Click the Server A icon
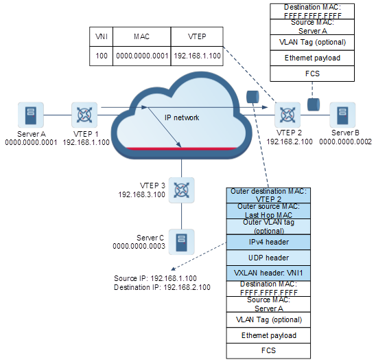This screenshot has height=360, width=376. click(31, 115)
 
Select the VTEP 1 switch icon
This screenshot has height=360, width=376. click(84, 115)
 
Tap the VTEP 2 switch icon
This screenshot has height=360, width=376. click(287, 115)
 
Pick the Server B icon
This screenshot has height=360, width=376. click(342, 115)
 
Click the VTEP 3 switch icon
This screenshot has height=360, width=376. click(182, 190)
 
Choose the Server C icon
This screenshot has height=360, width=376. click(182, 242)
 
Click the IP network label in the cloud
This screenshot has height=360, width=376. click(182, 117)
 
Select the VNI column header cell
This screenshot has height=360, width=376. click(101, 36)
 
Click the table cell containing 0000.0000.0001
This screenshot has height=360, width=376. click(142, 56)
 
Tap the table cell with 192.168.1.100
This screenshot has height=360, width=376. click(197, 56)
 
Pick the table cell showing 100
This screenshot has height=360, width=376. click(101, 56)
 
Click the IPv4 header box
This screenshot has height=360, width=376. click(268, 242)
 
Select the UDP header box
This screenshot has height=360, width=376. click(268, 258)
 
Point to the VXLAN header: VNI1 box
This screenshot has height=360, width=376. click(268, 273)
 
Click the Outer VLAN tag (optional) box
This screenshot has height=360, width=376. click(268, 227)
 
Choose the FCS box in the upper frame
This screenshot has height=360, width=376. click(312, 74)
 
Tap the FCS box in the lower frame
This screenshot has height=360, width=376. click(268, 350)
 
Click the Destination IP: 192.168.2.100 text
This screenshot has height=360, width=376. click(162, 287)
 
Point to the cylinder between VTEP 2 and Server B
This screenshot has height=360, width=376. click(314, 104)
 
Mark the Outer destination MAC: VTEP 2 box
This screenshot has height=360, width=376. click(268, 196)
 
